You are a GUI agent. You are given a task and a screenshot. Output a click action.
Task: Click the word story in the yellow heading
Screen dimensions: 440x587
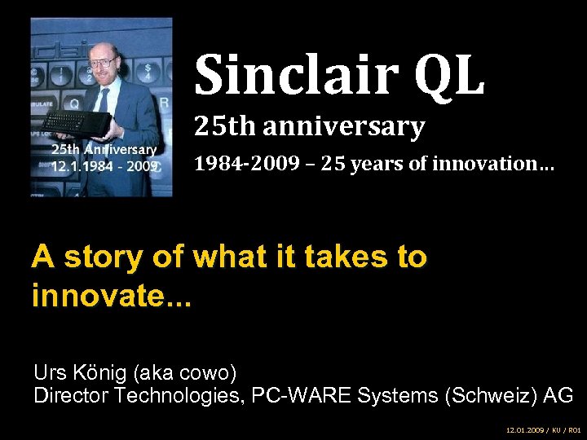click(x=119, y=257)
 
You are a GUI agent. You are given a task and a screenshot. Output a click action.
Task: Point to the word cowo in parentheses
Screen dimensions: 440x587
click(x=204, y=374)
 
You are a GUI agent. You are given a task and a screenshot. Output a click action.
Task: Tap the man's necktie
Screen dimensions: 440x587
click(x=104, y=99)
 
